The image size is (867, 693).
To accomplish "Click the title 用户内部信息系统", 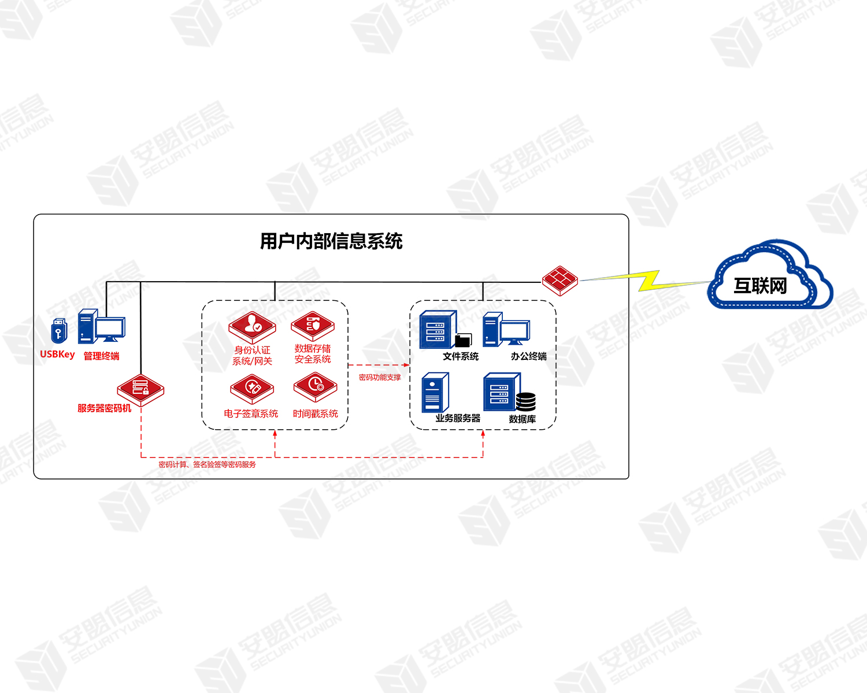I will (331, 241).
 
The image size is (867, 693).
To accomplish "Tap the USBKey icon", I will (59, 331).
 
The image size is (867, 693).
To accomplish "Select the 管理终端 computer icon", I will (101, 327).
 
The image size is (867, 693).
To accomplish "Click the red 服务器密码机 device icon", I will (140, 389).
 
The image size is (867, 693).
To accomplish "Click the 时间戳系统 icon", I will (315, 386).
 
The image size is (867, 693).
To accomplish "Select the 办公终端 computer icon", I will (506, 329).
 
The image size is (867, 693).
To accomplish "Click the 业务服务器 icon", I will (435, 392).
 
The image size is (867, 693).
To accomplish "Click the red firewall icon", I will (560, 280).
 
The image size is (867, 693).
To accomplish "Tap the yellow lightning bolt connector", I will (649, 281).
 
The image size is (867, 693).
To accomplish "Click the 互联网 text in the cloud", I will (760, 286).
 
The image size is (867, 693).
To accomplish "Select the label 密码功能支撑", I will (380, 378).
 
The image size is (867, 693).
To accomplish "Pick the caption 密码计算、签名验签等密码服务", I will (207, 465).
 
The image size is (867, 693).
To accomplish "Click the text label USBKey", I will (57, 355).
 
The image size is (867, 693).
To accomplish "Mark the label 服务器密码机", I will (105, 408).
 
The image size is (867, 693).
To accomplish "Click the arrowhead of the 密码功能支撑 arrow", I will (407, 365).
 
